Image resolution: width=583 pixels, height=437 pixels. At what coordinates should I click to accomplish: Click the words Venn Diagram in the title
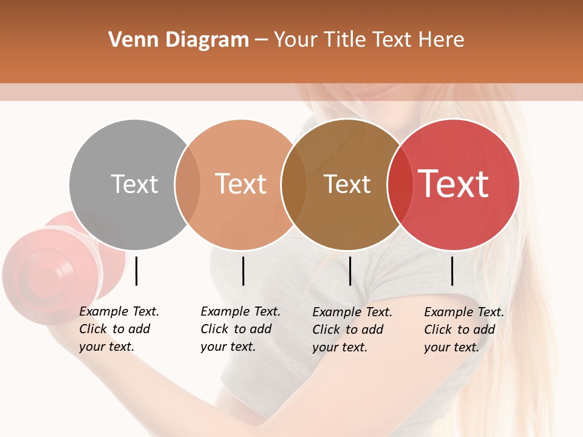pyautogui.click(x=179, y=40)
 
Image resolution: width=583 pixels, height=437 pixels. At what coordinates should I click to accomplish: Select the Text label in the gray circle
pyautogui.click(x=134, y=184)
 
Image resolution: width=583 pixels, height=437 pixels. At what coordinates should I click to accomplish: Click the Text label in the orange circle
pyautogui.click(x=240, y=184)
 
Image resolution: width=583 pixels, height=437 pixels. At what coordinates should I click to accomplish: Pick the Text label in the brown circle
pyautogui.click(x=347, y=184)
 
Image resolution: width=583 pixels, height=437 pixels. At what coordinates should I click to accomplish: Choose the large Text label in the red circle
pyautogui.click(x=454, y=183)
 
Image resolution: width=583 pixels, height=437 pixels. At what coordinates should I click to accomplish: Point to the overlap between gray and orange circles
pyautogui.click(x=188, y=185)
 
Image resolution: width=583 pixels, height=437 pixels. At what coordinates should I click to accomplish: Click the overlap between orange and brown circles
pyautogui.click(x=294, y=185)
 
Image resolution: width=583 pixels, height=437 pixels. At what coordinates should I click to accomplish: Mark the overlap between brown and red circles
pyautogui.click(x=398, y=185)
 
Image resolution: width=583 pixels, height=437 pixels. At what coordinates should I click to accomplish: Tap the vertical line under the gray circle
pyautogui.click(x=136, y=271)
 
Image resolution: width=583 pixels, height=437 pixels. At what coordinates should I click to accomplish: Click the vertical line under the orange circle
pyautogui.click(x=243, y=271)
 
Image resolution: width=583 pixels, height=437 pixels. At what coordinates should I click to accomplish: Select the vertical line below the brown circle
pyautogui.click(x=350, y=271)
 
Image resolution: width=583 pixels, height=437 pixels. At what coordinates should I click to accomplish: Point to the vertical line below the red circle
pyautogui.click(x=452, y=271)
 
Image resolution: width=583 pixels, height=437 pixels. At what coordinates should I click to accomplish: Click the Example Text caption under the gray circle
pyautogui.click(x=118, y=329)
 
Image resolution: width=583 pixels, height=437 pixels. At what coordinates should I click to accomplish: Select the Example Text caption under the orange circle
pyautogui.click(x=240, y=329)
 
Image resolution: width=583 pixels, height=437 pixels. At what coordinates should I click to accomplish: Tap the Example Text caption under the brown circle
pyautogui.click(x=352, y=330)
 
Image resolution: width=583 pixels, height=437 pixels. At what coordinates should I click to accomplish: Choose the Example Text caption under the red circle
pyautogui.click(x=463, y=330)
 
